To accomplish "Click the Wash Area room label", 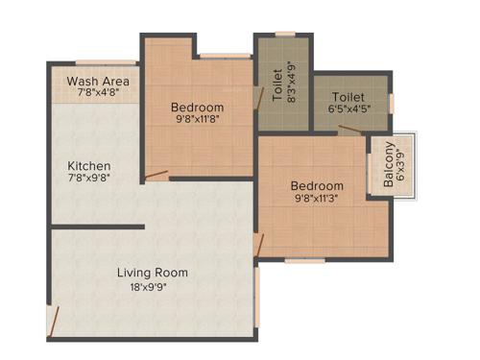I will [x=98, y=81].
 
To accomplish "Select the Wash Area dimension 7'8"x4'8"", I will [x=98, y=94].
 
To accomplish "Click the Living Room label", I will [x=152, y=273].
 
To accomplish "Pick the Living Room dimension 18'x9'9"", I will [x=152, y=287].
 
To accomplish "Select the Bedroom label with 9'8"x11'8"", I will [x=197, y=107].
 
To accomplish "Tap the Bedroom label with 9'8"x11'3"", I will [x=318, y=186].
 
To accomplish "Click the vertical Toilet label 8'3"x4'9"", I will [x=278, y=83].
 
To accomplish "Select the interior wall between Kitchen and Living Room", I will [x=97, y=228].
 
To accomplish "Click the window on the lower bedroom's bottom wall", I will [x=303, y=259].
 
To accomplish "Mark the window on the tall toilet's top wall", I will [x=285, y=35].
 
